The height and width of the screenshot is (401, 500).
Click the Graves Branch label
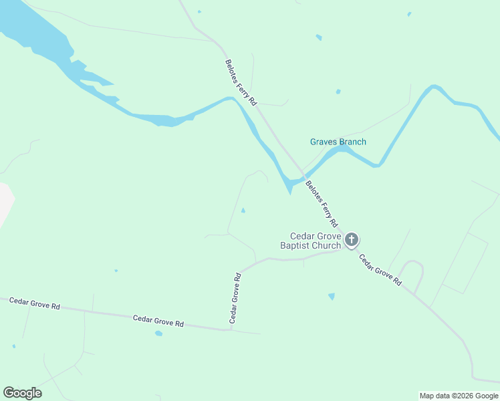(x=338, y=142)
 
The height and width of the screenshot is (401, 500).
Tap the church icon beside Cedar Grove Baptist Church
(x=352, y=240)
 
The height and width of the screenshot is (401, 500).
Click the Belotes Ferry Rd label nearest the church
(x=322, y=203)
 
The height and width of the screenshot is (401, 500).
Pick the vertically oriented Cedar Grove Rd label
(x=235, y=297)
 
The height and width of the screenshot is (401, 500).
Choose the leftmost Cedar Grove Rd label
(x=34, y=304)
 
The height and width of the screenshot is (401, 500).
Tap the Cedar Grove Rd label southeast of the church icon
(x=379, y=270)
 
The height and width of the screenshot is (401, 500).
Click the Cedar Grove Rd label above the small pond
(x=158, y=321)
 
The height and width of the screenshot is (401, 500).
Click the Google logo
(x=22, y=393)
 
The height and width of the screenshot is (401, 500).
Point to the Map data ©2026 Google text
(x=459, y=396)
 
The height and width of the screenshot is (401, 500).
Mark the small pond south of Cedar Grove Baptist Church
(x=332, y=296)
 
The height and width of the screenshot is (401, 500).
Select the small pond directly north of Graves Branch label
(x=338, y=92)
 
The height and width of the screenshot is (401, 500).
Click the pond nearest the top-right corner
(x=409, y=14)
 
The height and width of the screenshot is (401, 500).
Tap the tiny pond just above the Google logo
(x=13, y=346)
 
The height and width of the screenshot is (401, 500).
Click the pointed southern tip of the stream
(x=290, y=194)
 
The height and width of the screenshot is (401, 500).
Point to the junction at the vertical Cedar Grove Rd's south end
(x=229, y=329)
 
